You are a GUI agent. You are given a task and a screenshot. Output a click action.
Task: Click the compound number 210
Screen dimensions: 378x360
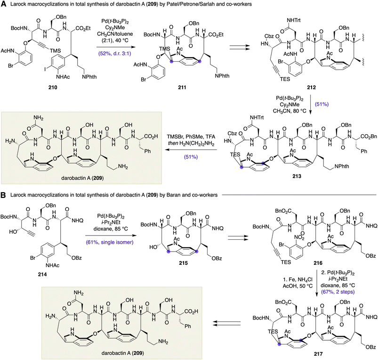(x=53, y=87)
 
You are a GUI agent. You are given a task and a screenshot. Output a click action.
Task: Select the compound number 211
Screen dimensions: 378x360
(x=182, y=87)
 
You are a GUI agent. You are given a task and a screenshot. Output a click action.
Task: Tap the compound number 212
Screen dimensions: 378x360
(x=311, y=87)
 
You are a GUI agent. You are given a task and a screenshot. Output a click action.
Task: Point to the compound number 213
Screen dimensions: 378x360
(x=297, y=176)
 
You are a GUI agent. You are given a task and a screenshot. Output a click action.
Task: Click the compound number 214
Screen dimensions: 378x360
(x=42, y=274)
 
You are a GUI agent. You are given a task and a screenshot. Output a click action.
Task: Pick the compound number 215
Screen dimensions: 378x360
(x=183, y=263)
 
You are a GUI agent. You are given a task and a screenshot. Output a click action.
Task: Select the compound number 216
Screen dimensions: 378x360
(x=318, y=263)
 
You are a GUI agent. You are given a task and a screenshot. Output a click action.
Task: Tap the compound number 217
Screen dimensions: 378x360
(x=318, y=354)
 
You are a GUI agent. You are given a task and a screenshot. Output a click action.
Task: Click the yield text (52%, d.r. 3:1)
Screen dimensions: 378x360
(x=114, y=53)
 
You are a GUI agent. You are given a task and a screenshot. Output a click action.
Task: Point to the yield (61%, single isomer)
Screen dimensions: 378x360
(x=110, y=242)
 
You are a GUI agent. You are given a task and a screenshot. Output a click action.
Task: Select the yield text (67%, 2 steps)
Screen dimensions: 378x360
(x=338, y=292)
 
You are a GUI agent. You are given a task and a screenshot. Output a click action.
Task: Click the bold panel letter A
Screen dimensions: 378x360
(x=3, y=4)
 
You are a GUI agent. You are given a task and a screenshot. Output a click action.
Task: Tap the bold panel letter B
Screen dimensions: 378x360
(x=3, y=195)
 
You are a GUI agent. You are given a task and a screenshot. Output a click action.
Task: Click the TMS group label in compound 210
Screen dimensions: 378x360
(x=55, y=51)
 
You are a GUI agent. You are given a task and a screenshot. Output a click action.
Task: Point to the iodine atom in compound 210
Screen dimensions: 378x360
(x=45, y=62)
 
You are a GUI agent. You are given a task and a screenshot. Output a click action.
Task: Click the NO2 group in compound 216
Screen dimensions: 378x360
(x=300, y=238)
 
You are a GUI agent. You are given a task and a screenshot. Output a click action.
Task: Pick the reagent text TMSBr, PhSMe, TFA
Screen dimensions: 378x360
(x=191, y=137)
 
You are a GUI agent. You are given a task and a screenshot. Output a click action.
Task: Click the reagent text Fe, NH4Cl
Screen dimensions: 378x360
(x=298, y=279)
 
